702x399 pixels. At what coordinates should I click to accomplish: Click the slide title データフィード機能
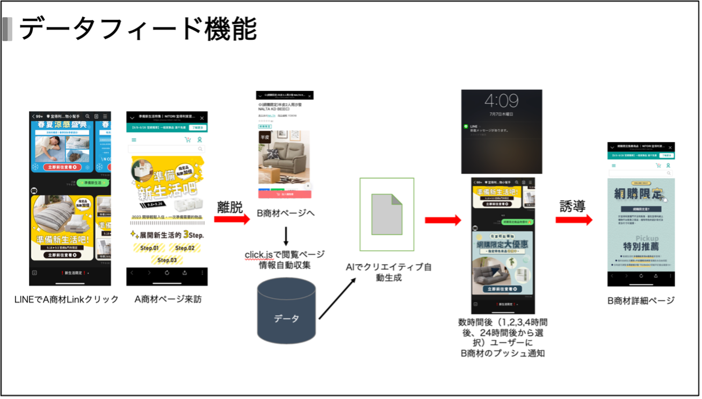pos(138,29)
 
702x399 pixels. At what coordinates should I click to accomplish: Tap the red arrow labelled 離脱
pos(231,219)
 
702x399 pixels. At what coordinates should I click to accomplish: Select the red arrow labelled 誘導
pos(574,219)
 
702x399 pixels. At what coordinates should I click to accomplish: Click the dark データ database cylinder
pos(286,311)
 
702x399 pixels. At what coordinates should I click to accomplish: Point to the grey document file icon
pos(387,214)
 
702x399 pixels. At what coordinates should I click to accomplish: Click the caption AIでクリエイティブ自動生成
pos(389,273)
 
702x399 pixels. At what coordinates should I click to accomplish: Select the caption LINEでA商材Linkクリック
pos(67,300)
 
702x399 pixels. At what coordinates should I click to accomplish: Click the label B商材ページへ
pos(285,213)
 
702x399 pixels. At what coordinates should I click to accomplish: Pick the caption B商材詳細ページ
pos(641,301)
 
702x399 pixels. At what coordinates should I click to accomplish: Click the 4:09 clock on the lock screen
pos(501,101)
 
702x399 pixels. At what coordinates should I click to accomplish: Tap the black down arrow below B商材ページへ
pos(286,236)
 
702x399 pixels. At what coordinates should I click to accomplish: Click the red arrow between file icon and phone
pos(443,219)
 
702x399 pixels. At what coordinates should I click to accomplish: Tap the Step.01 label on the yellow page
pos(149,248)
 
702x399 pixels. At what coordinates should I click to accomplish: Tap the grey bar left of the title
pos(7,29)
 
